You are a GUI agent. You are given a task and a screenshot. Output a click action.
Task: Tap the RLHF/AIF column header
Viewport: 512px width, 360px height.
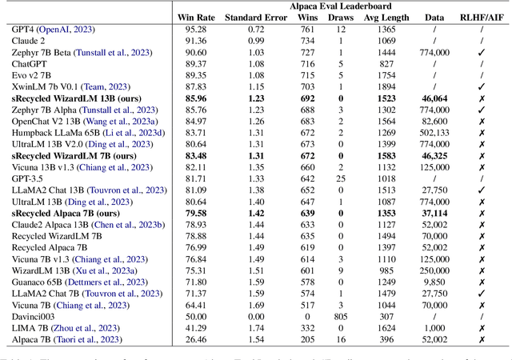click(482, 18)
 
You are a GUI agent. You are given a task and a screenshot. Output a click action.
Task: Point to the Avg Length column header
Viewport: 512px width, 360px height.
click(387, 18)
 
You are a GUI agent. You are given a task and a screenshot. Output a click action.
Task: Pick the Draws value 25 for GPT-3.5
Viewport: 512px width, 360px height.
click(341, 180)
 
